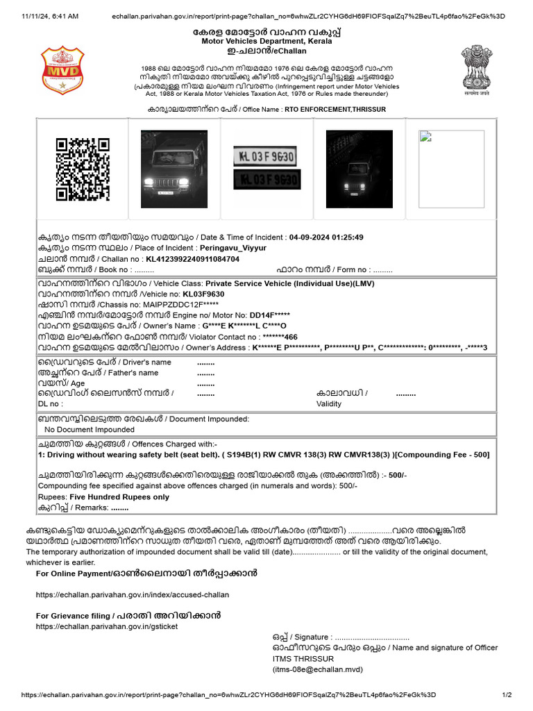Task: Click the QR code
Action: pyautogui.click(x=83, y=169)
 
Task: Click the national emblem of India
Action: pyautogui.click(x=477, y=71)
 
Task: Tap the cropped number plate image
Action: pyautogui.click(x=266, y=169)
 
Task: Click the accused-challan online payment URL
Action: pyautogui.click(x=132, y=595)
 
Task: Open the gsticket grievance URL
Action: pyautogui.click(x=107, y=626)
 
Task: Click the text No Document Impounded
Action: pyautogui.click(x=90, y=430)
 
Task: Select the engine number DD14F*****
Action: pyautogui.click(x=255, y=315)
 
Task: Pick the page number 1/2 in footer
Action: pyautogui.click(x=507, y=695)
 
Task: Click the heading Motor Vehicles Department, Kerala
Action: pyautogui.click(x=266, y=42)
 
